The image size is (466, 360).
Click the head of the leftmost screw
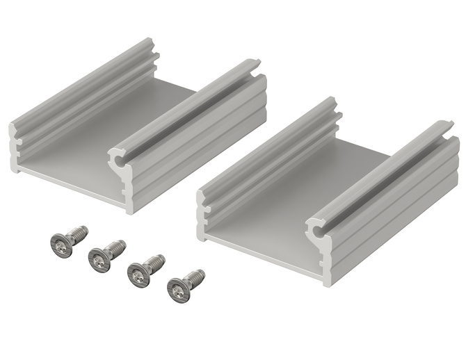pyautogui.click(x=62, y=245)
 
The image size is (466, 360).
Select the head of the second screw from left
pyautogui.click(x=99, y=260)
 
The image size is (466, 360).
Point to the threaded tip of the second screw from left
pyautogui.click(x=119, y=245)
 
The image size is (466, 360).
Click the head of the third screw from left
pyautogui.click(x=138, y=275)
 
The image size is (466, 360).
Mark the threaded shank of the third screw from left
pyautogui.click(x=156, y=263)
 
